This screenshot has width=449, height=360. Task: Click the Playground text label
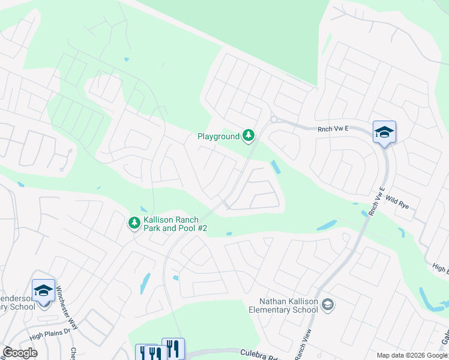coord(218,137)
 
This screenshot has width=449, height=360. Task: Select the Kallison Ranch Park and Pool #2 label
coord(175,224)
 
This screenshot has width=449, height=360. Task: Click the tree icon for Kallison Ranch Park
coord(134,223)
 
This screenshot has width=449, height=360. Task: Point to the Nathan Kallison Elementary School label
coord(283,305)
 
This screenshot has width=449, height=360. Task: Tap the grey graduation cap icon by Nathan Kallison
coord(327,305)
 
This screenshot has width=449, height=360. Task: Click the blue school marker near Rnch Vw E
coord(384,133)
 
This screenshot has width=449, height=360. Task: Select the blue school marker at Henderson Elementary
coord(43,291)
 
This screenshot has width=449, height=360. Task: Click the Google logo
coord(20,353)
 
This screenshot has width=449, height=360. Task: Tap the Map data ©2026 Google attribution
coord(412,355)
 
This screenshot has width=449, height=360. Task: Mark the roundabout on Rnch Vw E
coord(274,119)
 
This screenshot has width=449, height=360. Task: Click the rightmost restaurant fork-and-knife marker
coord(173,347)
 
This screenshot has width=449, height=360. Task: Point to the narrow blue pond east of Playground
coord(276,166)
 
